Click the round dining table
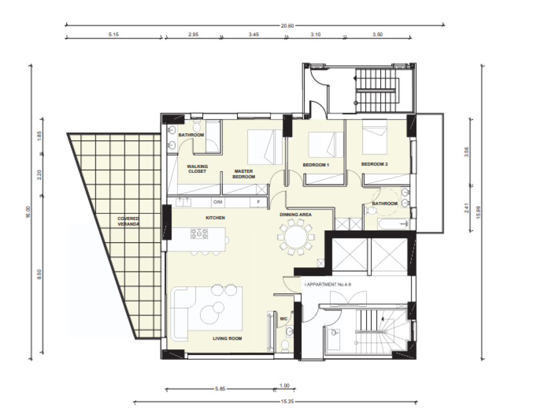pyautogui.click(x=296, y=237)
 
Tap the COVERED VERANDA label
pyautogui.click(x=128, y=221)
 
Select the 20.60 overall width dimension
pyautogui.click(x=287, y=25)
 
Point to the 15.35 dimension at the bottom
pyautogui.click(x=287, y=401)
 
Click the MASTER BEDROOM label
pyautogui.click(x=244, y=174)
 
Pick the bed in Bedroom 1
pyautogui.click(x=326, y=145)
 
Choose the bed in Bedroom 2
pyautogui.click(x=374, y=137)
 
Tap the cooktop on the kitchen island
pyautogui.click(x=199, y=234)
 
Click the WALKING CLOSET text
pyautogui.click(x=198, y=169)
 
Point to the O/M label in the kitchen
pyautogui.click(x=218, y=202)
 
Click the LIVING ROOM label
pyautogui.click(x=228, y=338)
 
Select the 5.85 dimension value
pyautogui.click(x=220, y=389)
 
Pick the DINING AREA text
pyautogui.click(x=296, y=215)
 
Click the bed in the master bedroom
pyautogui.click(x=265, y=147)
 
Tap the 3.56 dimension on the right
pyautogui.click(x=466, y=152)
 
